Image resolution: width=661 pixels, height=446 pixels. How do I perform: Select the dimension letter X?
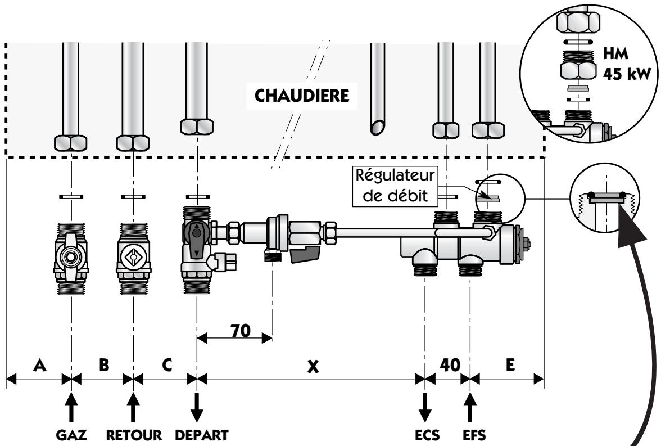click(314, 366)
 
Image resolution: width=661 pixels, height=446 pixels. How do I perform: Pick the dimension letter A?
click(39, 366)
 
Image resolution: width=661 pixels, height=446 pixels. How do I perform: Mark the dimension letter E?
click(509, 366)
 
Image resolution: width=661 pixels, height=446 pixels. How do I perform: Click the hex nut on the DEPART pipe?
click(197, 126)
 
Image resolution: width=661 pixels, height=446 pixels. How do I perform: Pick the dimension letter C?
click(166, 366)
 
